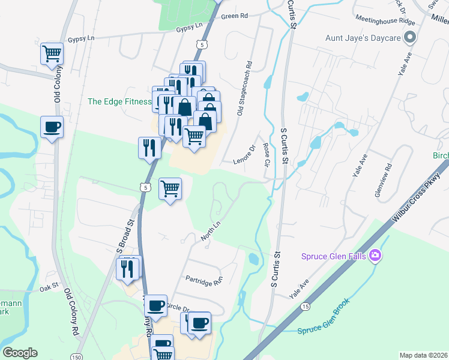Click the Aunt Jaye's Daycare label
click(x=363, y=38)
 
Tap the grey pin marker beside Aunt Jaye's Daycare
click(x=410, y=38)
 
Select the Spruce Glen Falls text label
click(x=335, y=257)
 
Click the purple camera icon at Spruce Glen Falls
click(x=376, y=257)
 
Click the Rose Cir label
click(x=266, y=154)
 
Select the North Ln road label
click(x=211, y=231)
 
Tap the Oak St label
click(x=49, y=289)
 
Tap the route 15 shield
click(x=306, y=307)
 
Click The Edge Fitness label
click(x=119, y=101)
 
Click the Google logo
click(x=20, y=353)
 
